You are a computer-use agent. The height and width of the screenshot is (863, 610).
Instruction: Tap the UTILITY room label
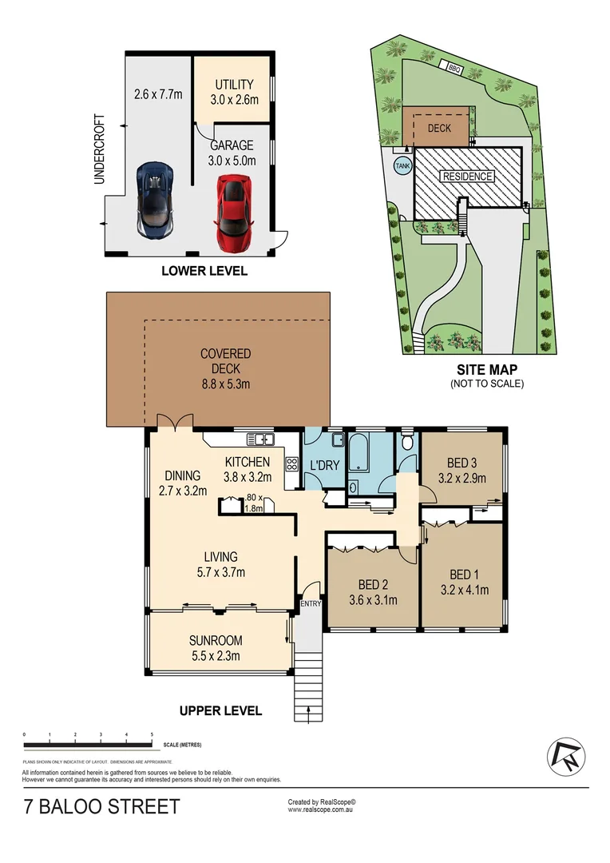pos(232,84)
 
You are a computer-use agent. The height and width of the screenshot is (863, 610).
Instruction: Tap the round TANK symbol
pos(402,165)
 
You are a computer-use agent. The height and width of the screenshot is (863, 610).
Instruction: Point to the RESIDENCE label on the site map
pos(469,177)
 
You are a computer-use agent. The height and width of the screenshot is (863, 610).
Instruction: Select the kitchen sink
pos(261,438)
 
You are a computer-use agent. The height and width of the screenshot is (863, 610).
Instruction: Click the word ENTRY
pos(310,604)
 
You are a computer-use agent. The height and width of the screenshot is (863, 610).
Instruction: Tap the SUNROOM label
pos(216,641)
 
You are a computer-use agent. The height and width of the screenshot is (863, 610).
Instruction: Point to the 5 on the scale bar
pos(152,734)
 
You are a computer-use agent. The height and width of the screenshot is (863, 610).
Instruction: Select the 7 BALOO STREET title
pos(101,808)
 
